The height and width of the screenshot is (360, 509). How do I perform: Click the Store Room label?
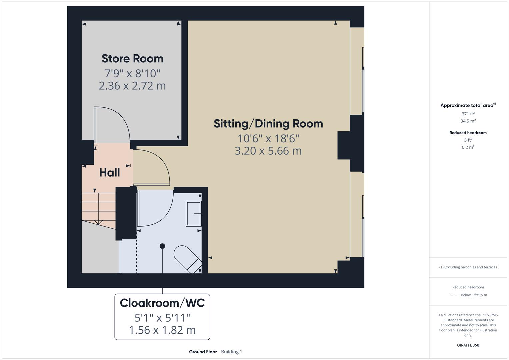(132, 59)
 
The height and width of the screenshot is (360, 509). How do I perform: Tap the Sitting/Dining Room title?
(268, 124)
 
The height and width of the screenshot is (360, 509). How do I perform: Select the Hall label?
(110, 173)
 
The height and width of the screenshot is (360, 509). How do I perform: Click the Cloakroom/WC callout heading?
(162, 303)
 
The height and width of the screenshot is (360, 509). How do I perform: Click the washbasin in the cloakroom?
(193, 214)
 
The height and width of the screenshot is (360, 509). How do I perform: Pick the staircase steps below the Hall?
(99, 209)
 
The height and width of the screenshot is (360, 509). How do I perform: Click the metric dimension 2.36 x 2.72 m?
(132, 86)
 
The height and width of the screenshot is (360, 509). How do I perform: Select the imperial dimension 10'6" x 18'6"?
(268, 138)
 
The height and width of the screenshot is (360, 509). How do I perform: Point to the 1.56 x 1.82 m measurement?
(162, 330)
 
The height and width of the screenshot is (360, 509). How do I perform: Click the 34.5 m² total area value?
(468, 121)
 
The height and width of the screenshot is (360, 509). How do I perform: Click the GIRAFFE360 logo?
(468, 345)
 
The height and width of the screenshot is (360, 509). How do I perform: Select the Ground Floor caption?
(203, 352)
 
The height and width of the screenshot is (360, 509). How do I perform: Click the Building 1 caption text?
(232, 352)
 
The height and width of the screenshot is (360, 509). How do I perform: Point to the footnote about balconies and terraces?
(468, 267)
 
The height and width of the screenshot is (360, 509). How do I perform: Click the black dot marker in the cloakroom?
(162, 246)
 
